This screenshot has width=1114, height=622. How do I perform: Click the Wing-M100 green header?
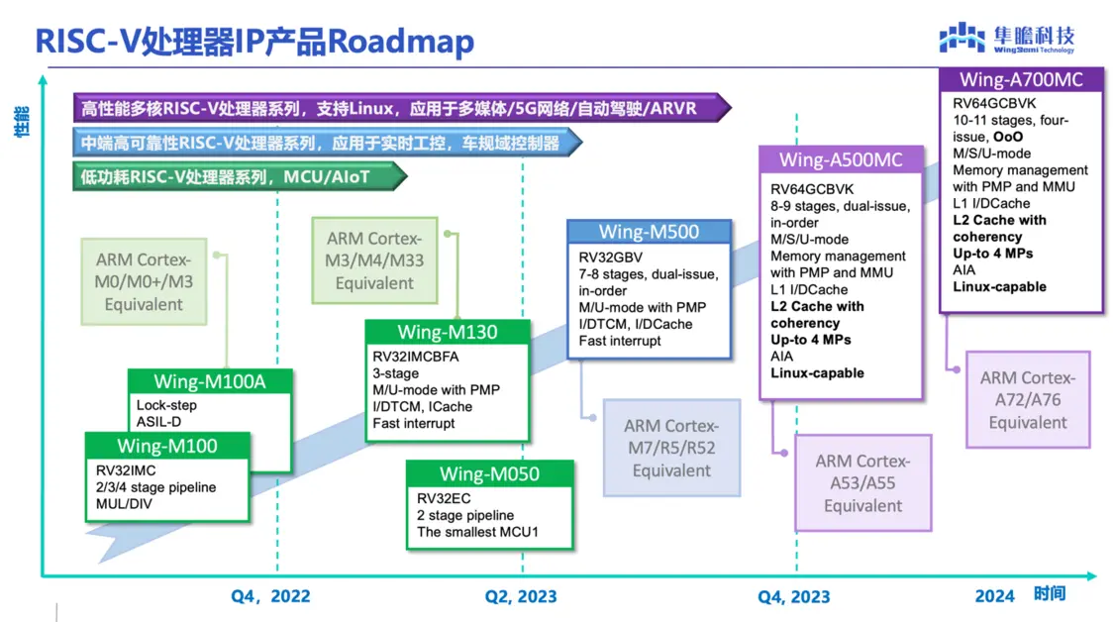[x=166, y=446]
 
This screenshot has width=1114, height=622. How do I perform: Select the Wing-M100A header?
[x=210, y=381]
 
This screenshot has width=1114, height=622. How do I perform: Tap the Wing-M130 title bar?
[x=448, y=333]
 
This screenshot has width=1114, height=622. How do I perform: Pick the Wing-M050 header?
[x=489, y=474]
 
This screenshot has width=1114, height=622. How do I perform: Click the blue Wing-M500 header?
[x=649, y=233]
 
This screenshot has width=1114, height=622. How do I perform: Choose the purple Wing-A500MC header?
[x=841, y=160]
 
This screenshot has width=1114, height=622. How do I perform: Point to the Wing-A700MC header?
[x=1021, y=80]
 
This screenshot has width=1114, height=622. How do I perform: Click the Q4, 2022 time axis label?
[x=270, y=596]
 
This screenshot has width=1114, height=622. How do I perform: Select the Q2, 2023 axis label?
[x=521, y=596]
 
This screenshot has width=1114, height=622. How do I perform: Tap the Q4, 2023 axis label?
[x=794, y=596]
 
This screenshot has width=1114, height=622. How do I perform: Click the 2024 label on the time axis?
[x=994, y=595]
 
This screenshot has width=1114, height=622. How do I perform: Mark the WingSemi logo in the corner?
[x=1006, y=38]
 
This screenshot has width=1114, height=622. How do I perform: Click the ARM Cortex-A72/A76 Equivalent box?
[x=1028, y=400]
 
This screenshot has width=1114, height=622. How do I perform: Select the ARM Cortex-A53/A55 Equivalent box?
[x=862, y=483]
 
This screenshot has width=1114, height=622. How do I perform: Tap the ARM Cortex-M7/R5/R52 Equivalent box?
[x=671, y=448]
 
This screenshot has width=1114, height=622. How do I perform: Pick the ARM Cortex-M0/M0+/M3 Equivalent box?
[x=145, y=282]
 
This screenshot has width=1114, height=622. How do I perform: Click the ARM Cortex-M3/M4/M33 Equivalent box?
[x=373, y=260]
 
